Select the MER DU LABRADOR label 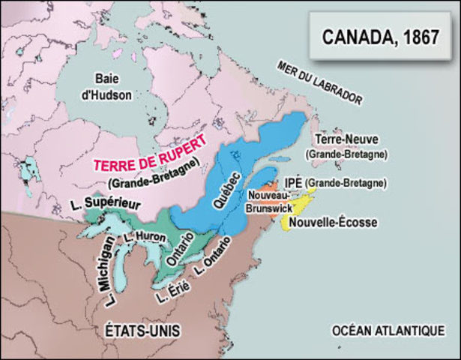coord(319,82)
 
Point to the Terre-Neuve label coord(346,139)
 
